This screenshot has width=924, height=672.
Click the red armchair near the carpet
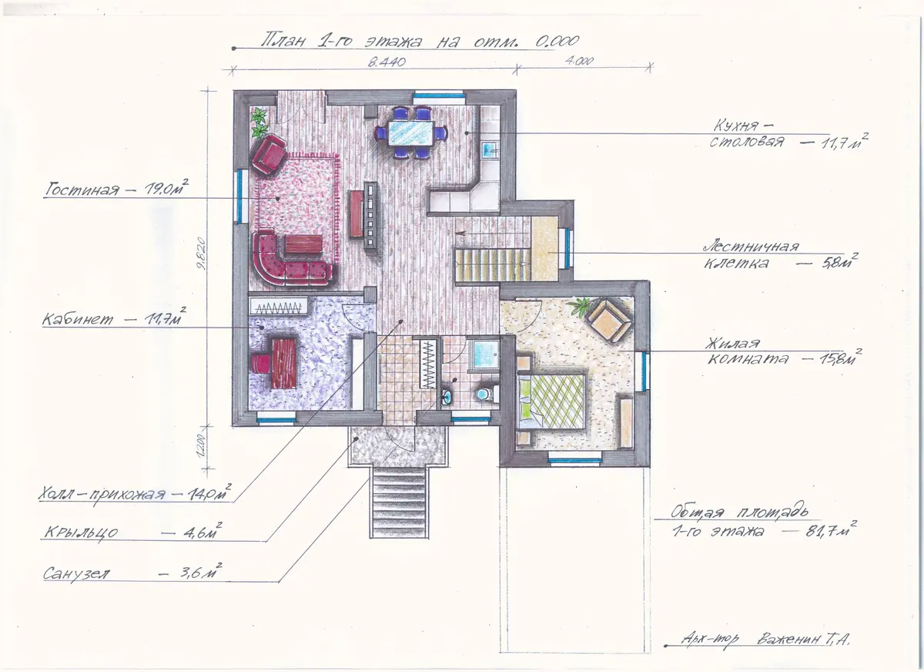(269, 155)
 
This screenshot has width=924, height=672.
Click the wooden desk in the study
(284, 363)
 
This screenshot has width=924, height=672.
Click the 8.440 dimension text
(387, 62)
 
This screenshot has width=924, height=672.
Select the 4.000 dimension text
(579, 61)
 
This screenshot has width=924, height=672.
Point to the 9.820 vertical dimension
(201, 253)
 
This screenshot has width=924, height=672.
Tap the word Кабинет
(78, 319)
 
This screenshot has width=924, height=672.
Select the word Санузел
(77, 574)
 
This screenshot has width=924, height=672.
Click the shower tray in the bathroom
(486, 353)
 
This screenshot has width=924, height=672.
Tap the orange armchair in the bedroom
(608, 321)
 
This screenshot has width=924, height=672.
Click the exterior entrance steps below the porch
(399, 502)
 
